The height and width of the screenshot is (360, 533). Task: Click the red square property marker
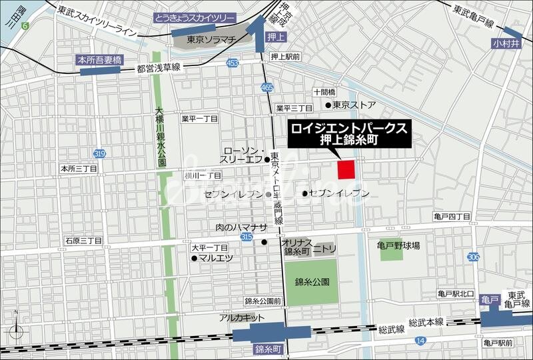coord(346,170)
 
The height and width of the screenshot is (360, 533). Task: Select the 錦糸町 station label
coord(268,349)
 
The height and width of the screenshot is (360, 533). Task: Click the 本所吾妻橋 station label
coord(100,59)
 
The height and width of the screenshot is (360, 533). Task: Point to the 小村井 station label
coord(504,44)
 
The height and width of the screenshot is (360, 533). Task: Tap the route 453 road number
coord(232,63)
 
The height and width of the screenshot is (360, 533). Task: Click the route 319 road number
coord(99,154)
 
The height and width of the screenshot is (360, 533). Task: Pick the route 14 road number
coord(419,341)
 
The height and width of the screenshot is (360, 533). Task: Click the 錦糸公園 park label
coord(312,281)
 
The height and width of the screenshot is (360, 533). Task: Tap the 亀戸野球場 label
coord(398,245)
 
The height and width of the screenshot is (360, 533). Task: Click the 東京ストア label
coord(354,105)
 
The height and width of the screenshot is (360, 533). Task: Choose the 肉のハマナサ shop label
coord(240,227)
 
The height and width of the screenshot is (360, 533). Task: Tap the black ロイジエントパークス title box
coord(348,134)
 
